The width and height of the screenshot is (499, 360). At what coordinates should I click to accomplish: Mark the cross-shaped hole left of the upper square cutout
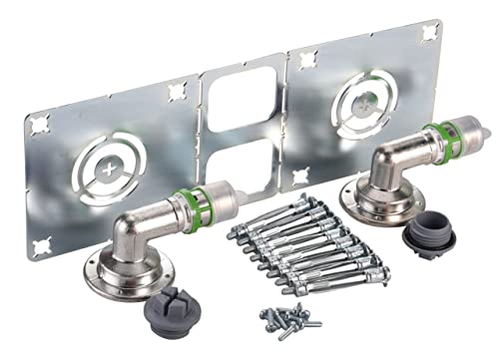(x=178, y=92)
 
